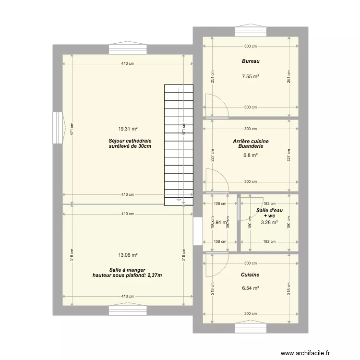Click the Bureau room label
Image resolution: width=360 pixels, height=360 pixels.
click(x=251, y=61)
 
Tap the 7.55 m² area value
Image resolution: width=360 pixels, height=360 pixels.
click(x=251, y=76)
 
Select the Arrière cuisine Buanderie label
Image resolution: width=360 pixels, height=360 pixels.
click(x=251, y=144)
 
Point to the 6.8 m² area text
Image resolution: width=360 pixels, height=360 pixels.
click(x=251, y=155)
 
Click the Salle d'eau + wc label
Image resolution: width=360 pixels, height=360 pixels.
click(x=269, y=213)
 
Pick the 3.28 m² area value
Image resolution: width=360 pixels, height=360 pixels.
click(x=269, y=222)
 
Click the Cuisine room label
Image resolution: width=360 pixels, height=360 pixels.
click(x=251, y=275)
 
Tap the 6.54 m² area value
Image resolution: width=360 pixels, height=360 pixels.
click(x=251, y=288)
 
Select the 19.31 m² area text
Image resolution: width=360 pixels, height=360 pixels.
click(x=128, y=129)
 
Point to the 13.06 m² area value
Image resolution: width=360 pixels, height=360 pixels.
click(x=128, y=255)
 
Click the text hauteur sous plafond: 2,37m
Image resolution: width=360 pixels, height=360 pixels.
click(x=127, y=276)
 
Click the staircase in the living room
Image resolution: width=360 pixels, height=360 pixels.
click(x=178, y=144)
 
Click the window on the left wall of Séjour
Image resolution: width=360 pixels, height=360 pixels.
click(x=58, y=128)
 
